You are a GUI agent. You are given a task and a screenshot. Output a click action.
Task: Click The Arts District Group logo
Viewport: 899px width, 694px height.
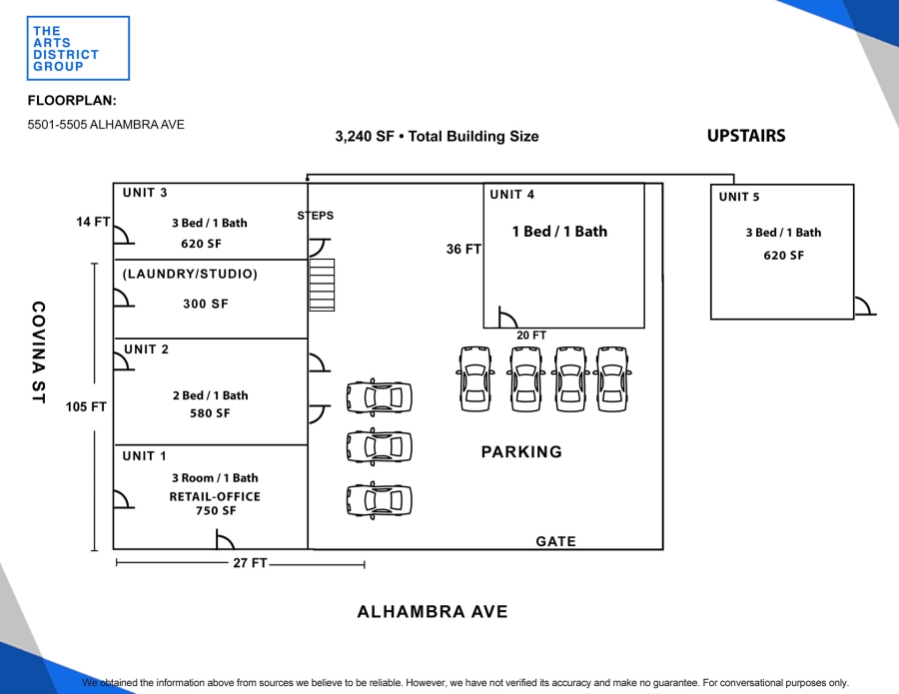(x=78, y=48)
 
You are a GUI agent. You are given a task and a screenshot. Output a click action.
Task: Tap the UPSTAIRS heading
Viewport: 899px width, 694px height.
(x=746, y=136)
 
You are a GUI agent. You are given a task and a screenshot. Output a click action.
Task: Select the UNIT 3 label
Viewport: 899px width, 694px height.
(x=145, y=193)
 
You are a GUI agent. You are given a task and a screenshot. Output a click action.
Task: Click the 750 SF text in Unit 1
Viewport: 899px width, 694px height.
(x=216, y=510)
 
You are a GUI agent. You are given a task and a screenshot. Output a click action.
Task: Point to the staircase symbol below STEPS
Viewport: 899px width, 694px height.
(x=322, y=285)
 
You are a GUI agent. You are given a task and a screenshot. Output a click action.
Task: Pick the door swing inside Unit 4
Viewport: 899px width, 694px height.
(x=508, y=318)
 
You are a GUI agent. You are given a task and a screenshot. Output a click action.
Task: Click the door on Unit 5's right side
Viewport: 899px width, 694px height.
(x=865, y=306)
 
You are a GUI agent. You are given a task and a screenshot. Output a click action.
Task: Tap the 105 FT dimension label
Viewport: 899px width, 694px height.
(x=86, y=406)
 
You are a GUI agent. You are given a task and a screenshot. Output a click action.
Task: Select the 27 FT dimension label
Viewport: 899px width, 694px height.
(x=250, y=563)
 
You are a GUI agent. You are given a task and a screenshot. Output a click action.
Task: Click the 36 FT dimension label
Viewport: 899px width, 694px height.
(x=463, y=250)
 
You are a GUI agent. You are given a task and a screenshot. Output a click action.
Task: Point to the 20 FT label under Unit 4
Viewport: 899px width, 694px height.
(x=531, y=336)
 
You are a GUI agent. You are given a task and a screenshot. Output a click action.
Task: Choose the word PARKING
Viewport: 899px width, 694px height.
(x=521, y=452)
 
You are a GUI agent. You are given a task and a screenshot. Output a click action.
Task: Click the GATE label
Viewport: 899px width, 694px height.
(x=556, y=541)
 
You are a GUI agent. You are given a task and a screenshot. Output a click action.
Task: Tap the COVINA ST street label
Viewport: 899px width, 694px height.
(x=38, y=352)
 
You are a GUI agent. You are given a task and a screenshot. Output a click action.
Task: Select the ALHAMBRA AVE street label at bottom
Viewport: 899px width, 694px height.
(x=433, y=612)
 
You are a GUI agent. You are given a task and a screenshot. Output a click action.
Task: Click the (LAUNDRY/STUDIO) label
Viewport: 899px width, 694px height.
(x=190, y=274)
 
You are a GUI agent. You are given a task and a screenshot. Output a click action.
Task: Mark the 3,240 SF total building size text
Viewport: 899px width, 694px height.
(x=437, y=137)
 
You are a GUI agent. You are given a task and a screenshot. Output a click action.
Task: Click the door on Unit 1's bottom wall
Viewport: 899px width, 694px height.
(x=226, y=539)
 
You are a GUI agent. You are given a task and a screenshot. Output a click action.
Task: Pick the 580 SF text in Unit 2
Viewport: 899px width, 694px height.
(x=210, y=413)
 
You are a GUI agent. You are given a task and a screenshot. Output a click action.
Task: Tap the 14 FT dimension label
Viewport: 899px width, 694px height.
(x=93, y=222)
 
